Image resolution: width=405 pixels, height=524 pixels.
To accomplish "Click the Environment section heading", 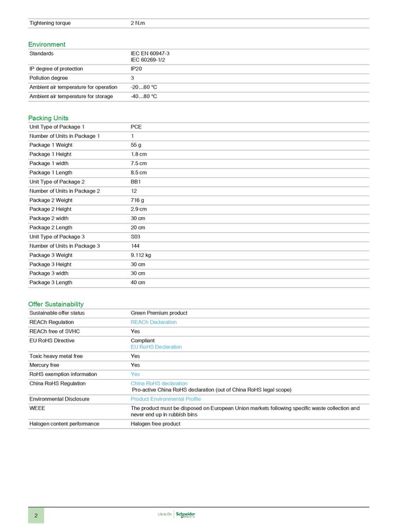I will (46, 44).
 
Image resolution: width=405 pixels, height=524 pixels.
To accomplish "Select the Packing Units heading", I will (48, 118).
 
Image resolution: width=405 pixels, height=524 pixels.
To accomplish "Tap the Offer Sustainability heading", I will (56, 304).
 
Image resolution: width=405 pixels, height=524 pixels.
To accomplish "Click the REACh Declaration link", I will (153, 322).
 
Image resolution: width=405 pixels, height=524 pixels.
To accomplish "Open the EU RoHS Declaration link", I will (156, 347).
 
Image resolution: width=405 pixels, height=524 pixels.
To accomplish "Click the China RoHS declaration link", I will (159, 384).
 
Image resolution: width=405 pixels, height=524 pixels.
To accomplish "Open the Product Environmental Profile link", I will (165, 399).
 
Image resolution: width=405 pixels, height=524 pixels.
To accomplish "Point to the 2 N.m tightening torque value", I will (137, 23).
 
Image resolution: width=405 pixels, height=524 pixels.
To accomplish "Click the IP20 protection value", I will (136, 69).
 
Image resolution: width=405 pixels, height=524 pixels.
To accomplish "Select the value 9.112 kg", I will (140, 255).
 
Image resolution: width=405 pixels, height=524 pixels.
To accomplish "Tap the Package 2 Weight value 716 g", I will (137, 200).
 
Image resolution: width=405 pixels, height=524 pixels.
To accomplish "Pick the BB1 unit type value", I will (136, 182).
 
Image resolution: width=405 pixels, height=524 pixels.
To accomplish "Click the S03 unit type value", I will (135, 237).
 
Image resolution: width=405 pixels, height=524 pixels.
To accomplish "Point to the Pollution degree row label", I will (49, 78).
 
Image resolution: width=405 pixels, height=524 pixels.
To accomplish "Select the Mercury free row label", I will (44, 365).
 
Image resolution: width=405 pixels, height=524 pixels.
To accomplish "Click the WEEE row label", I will (37, 408).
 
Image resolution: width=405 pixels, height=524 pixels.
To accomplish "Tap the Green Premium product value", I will (159, 313).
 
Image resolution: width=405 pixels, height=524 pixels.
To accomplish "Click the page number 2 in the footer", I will (36, 515).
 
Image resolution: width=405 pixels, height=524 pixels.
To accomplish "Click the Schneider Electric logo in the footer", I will (185, 515).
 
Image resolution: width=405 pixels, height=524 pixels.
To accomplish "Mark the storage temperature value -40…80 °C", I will (144, 96).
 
